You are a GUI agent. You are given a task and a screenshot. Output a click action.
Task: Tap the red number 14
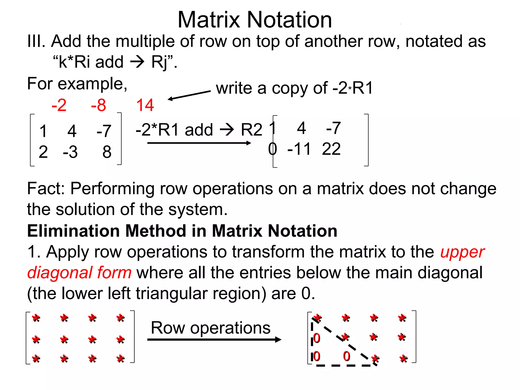[145, 105]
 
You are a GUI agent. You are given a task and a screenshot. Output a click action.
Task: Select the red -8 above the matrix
[99, 105]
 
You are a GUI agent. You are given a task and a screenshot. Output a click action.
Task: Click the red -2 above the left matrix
[59, 105]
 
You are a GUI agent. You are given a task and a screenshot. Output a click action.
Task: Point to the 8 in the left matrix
[107, 152]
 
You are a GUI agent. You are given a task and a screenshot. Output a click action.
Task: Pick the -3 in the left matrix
[70, 152]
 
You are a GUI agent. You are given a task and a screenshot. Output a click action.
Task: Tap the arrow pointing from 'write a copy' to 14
[189, 95]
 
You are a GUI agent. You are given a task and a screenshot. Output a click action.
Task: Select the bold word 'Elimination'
[73, 231]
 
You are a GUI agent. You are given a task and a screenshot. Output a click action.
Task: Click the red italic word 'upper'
[462, 252]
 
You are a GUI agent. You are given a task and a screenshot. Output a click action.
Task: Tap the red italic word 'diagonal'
[60, 273]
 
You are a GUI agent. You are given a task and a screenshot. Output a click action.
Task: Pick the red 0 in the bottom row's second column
[346, 356]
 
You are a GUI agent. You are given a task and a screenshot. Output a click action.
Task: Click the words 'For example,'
[77, 84]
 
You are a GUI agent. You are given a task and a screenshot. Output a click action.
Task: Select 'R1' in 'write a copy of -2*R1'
[362, 88]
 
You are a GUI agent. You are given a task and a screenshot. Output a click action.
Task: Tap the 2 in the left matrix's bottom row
[43, 152]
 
